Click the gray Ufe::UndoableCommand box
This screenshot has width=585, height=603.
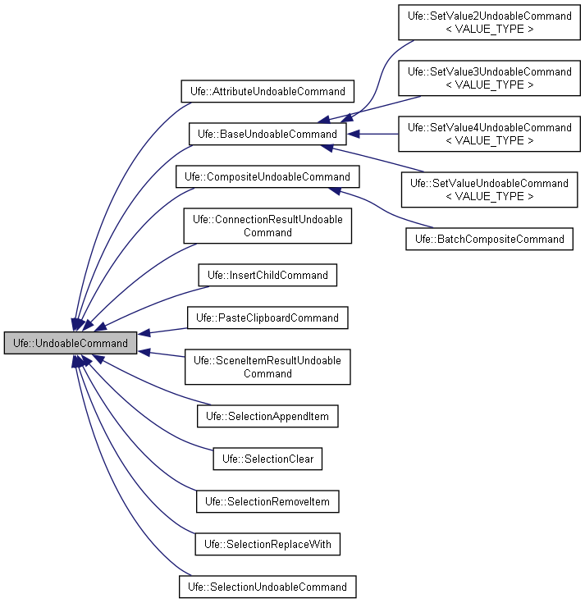[x=71, y=343]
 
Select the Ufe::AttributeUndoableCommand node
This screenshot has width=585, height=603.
[x=267, y=90]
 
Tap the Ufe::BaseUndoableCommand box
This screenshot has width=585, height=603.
[x=267, y=134]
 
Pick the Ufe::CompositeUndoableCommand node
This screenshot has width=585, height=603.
[x=267, y=176]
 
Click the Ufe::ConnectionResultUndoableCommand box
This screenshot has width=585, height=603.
[x=267, y=226]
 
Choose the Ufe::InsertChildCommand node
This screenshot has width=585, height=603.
[x=267, y=275]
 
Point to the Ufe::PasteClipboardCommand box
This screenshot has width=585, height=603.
[x=267, y=317]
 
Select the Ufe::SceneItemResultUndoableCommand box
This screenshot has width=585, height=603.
[x=267, y=367]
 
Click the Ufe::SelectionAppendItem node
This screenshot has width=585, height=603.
[x=267, y=417]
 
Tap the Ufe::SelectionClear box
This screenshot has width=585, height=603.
[x=267, y=459]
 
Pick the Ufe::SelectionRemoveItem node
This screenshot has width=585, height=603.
[x=267, y=501]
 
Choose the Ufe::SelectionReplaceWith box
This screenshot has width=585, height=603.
[x=267, y=544]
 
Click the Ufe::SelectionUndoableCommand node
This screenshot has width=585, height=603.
[x=267, y=587]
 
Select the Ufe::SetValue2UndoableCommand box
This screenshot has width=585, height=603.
[x=489, y=22]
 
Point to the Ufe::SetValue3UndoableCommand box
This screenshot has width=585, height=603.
[x=489, y=78]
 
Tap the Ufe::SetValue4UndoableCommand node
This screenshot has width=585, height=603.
[x=489, y=134]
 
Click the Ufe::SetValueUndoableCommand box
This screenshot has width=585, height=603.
[x=489, y=190]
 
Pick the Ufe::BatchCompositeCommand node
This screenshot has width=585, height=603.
[x=489, y=239]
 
